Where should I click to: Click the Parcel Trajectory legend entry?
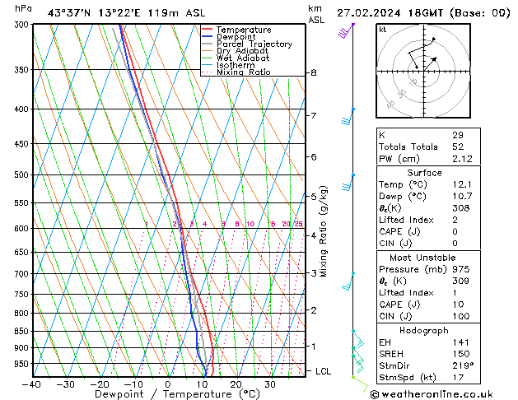(x=254, y=44)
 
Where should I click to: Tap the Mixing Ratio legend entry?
(x=243, y=72)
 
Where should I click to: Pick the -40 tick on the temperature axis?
(x=33, y=384)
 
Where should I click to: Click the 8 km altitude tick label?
(x=313, y=73)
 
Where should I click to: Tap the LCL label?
(x=324, y=371)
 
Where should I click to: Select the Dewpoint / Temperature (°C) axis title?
(x=168, y=394)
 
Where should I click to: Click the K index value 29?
(x=457, y=135)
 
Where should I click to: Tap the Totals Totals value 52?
(x=457, y=147)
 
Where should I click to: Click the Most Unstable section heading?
(x=423, y=258)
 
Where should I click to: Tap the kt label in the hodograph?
(x=382, y=29)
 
